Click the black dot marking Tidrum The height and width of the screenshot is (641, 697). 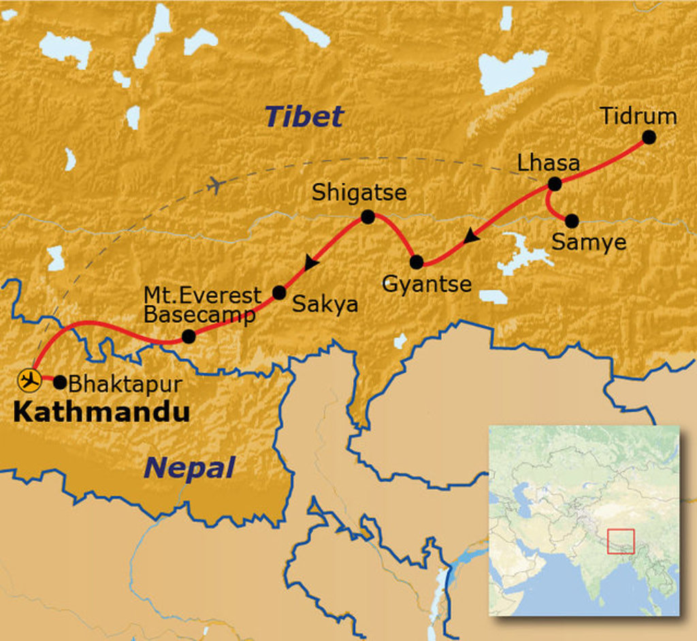pyautogui.click(x=649, y=137)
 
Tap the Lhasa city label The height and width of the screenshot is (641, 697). pyautogui.click(x=548, y=163)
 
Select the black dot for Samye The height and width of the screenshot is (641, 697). pyautogui.click(x=572, y=221)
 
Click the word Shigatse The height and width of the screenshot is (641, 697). pyautogui.click(x=359, y=193)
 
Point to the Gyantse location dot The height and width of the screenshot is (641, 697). pyautogui.click(x=417, y=262)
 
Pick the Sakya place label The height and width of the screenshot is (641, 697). pyautogui.click(x=325, y=304)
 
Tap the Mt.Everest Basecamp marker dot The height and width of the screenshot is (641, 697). pyautogui.click(x=189, y=336)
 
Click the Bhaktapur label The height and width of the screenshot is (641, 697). pyautogui.click(x=125, y=384)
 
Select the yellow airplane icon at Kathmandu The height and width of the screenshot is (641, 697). pyautogui.click(x=29, y=380)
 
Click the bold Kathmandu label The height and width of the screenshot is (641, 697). pyautogui.click(x=101, y=411)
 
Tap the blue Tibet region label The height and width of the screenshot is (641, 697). pyautogui.click(x=304, y=116)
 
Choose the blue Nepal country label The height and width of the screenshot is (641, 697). pyautogui.click(x=189, y=468)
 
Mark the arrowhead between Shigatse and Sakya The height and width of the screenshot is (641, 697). pyautogui.click(x=312, y=262)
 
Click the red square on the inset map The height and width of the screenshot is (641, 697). pyautogui.click(x=620, y=540)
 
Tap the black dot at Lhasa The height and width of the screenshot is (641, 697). pyautogui.click(x=555, y=183)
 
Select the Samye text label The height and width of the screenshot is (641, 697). pyautogui.click(x=588, y=242)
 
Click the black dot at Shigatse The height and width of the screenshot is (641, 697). pyautogui.click(x=368, y=217)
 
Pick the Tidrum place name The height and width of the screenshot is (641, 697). pyautogui.click(x=638, y=116)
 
